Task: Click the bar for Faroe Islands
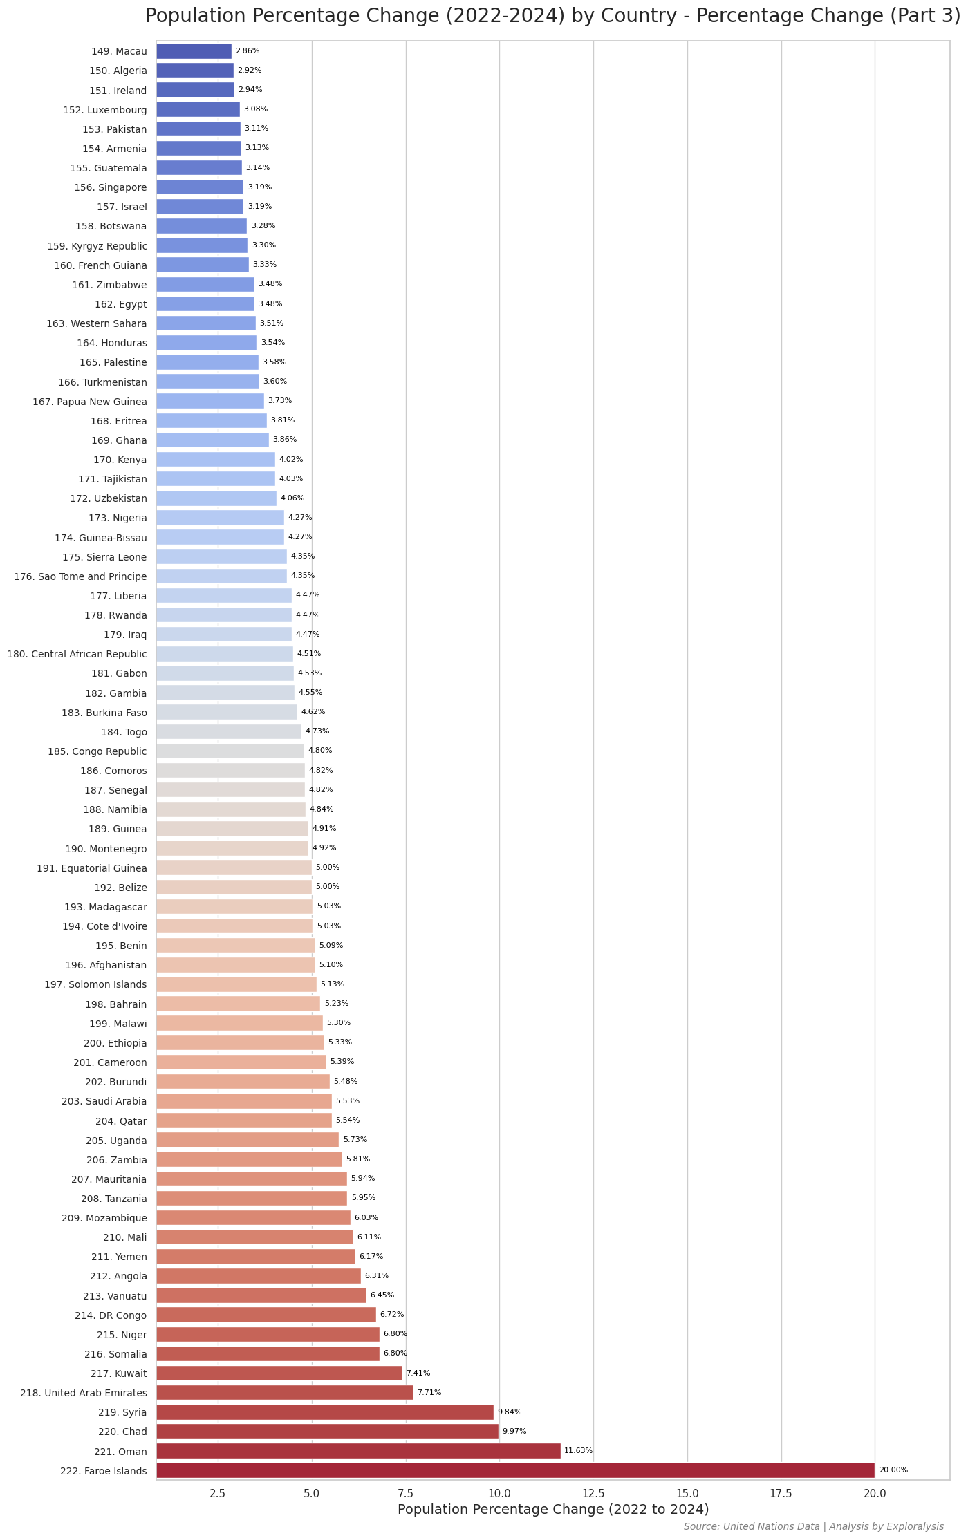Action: pos(515,1470)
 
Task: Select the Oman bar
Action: pos(358,1451)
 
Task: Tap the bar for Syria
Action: pos(325,1412)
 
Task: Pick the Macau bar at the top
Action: pos(194,51)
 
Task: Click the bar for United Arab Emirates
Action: pos(284,1393)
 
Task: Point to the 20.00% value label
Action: pos(893,1470)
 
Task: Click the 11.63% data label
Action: pos(578,1451)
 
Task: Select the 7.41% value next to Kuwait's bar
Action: pos(418,1373)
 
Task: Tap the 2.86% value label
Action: pos(248,51)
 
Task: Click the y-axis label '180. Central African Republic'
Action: pos(77,654)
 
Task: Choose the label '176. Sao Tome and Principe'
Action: pos(80,576)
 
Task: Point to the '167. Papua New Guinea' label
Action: pos(90,402)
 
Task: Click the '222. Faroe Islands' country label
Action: pos(104,1471)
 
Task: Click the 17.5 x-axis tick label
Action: pos(781,1493)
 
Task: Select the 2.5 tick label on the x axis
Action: pos(218,1493)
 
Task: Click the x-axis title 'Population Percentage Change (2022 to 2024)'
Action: pos(553,1510)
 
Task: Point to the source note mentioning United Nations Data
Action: pos(813,1526)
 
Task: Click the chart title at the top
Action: pos(552,16)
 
